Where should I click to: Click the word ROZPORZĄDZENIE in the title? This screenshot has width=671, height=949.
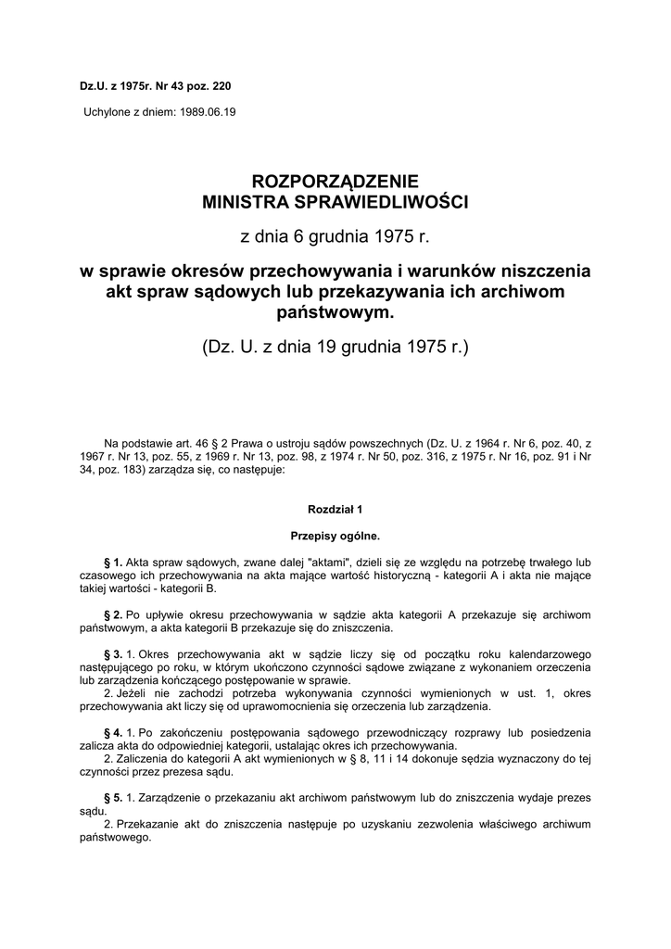[x=335, y=182]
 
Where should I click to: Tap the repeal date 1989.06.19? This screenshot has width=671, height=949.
[x=209, y=111]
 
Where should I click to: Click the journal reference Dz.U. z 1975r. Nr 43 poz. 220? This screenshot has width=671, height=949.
[x=155, y=86]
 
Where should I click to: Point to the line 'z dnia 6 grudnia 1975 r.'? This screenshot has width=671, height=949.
[x=335, y=236]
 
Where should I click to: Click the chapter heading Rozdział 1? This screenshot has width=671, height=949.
[x=335, y=509]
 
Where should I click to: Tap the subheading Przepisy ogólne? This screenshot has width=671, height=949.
[x=335, y=536]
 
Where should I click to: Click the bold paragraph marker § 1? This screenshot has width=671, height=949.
[x=115, y=563]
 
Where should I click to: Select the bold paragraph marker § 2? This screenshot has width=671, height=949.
[x=115, y=614]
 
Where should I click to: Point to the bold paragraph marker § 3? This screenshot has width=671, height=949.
[x=115, y=654]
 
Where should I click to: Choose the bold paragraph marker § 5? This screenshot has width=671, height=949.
[x=115, y=798]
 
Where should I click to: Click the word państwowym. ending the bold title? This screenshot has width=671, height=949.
[x=335, y=313]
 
